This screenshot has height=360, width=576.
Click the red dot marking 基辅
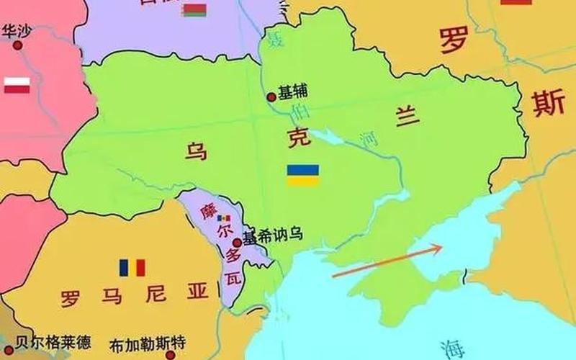(271, 96)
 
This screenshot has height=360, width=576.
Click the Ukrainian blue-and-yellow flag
(303, 175)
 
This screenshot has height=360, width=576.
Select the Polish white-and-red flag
(17, 86)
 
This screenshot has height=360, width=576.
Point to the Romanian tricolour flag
(132, 268)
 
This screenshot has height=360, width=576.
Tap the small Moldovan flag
(225, 218)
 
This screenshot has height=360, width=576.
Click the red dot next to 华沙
(17, 45)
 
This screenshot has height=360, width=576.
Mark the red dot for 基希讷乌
(237, 243)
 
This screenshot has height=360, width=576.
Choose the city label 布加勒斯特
(148, 345)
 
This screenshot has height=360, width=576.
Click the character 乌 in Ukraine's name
(196, 153)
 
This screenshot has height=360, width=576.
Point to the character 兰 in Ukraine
(405, 113)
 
